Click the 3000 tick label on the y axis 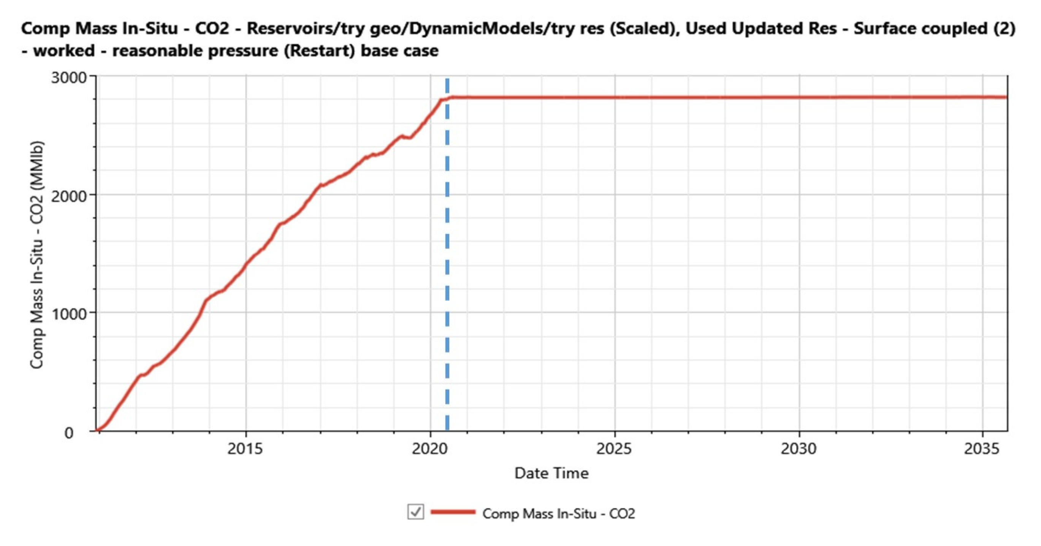click(x=69, y=77)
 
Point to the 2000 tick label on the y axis click(x=69, y=196)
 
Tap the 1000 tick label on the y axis click(x=69, y=314)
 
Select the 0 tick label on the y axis click(x=69, y=433)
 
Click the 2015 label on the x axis click(x=245, y=449)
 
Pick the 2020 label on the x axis click(x=429, y=449)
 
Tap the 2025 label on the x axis click(x=614, y=449)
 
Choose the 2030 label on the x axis click(x=799, y=449)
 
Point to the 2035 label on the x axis click(x=982, y=449)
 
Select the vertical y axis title click(x=37, y=255)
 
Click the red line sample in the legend click(x=453, y=512)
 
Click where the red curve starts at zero click(x=97, y=430)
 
